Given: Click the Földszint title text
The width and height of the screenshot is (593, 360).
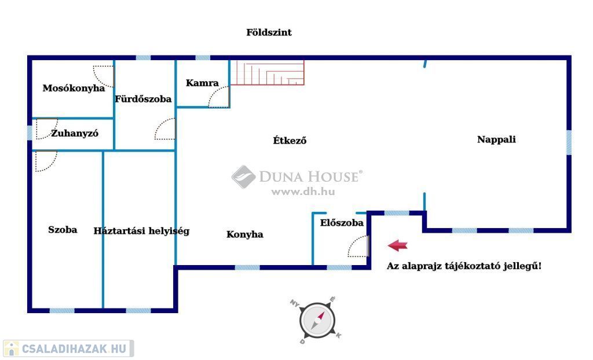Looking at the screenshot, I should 269,32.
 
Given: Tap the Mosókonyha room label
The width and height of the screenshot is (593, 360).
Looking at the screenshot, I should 74,89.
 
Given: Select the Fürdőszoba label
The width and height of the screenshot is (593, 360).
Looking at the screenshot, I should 143,99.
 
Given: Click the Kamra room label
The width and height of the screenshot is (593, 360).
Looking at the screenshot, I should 202,83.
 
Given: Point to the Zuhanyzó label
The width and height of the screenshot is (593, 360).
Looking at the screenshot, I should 75,133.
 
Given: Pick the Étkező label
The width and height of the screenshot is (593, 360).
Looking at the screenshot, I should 290,140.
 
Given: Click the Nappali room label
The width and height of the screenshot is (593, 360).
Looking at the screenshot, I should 496,139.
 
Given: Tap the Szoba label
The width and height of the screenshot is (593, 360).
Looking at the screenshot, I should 63,230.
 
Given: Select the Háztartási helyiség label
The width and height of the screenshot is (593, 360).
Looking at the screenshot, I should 141,231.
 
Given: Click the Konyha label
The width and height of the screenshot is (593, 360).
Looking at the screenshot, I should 244,234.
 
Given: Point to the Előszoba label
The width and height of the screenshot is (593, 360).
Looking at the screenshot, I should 342,223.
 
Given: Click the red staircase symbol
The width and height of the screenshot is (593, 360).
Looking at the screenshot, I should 268,74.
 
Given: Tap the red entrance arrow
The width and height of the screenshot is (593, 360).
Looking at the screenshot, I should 397,245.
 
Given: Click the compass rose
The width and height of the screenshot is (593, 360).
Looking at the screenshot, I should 317,320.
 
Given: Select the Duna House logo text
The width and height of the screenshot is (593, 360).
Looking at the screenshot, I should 310,177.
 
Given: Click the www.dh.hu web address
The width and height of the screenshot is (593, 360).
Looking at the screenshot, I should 303,192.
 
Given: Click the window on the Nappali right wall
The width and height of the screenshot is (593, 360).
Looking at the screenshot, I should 569,142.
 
